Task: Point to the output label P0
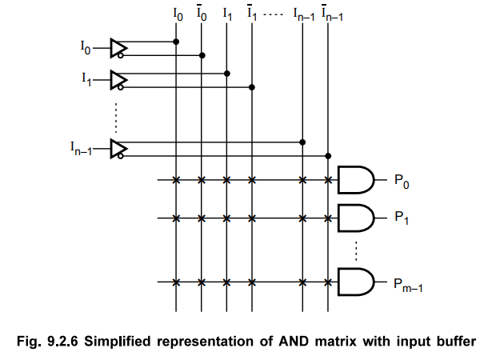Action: click(402, 181)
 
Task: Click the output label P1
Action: click(402, 218)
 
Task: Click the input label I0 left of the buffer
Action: click(86, 49)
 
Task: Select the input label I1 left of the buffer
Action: click(86, 79)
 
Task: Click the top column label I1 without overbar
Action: click(227, 14)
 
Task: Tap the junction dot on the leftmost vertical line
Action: click(176, 41)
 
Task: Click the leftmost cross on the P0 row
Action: click(176, 180)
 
